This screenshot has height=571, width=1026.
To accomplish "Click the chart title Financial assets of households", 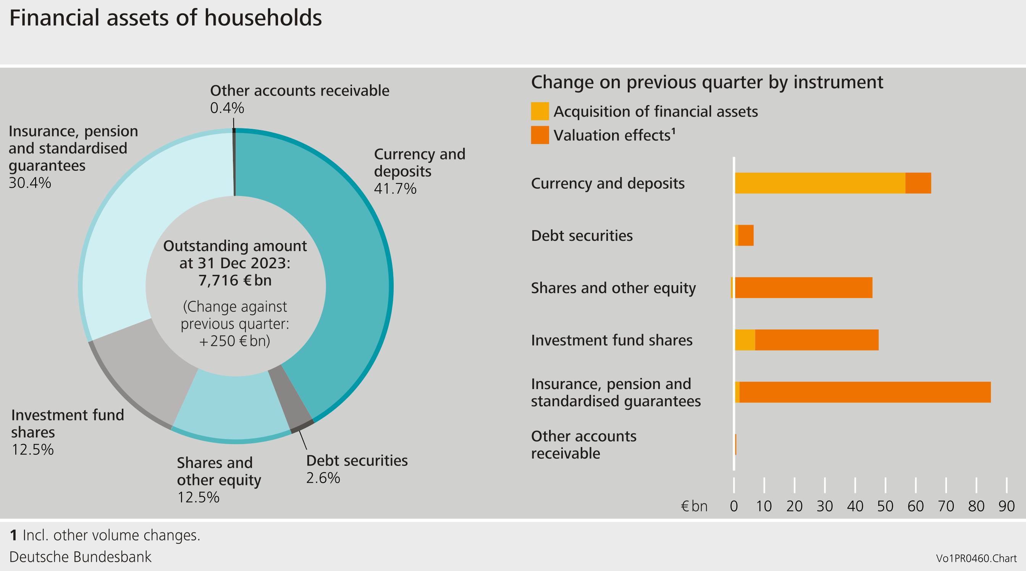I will (x=165, y=18).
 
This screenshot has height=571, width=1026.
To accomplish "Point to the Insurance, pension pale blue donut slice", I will (x=151, y=223).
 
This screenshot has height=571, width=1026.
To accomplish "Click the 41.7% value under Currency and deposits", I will (x=395, y=188).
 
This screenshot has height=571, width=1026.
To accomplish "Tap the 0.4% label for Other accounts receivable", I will (x=227, y=108).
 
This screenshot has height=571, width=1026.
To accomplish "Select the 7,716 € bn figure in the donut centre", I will (x=235, y=280).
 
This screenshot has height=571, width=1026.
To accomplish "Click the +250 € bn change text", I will (x=235, y=341).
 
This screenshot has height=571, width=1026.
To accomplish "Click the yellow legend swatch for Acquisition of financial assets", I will (x=540, y=111).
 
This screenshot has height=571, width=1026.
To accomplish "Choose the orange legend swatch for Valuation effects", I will (x=540, y=135).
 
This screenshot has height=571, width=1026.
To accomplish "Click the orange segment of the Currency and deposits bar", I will (x=918, y=183).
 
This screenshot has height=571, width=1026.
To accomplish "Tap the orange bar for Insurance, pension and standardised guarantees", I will (x=864, y=392).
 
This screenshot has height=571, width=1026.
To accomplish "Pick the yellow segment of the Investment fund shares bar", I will (x=745, y=340).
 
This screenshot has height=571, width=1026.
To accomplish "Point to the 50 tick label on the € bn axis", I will (x=885, y=506).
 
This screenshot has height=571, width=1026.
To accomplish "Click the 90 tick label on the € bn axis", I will (x=1006, y=506).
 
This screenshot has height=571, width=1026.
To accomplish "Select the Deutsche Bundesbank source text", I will (x=80, y=556).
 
